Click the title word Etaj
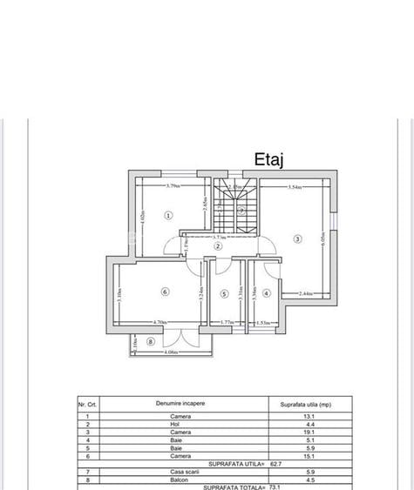270,159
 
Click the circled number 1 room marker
168,215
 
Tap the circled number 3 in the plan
297,238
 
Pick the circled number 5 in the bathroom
224,293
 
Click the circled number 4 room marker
267,292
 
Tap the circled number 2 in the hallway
220,246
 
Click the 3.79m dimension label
173,185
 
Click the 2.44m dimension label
306,293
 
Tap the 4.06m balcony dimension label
170,352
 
